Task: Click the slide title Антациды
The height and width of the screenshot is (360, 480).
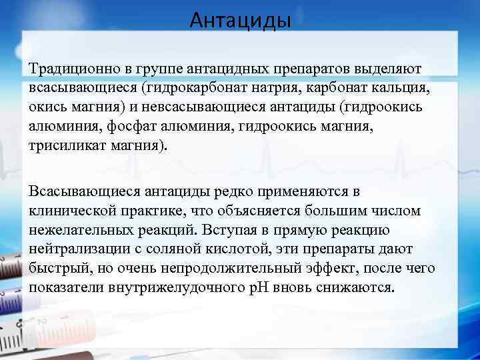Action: point(240,21)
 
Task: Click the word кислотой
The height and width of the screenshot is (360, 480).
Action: point(230,249)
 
